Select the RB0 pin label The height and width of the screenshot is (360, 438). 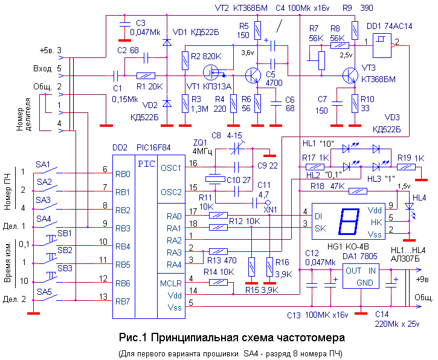point(123,174)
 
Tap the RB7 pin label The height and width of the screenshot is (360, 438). point(123,301)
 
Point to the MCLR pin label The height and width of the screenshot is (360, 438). point(171,282)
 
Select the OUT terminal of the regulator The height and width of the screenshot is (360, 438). point(353,271)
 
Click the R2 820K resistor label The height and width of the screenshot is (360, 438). point(204,56)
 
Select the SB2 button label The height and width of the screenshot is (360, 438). point(65,250)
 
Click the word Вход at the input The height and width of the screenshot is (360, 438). point(43,68)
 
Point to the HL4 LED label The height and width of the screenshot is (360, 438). point(419,197)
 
